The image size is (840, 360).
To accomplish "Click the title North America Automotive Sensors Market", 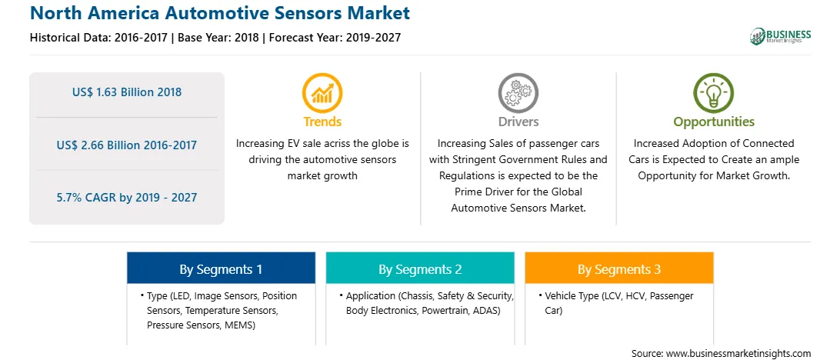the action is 220,13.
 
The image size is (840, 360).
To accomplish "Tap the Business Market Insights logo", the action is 780,36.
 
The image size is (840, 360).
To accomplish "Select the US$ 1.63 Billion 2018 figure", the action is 127,92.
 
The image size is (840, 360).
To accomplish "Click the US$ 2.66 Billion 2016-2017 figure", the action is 127,145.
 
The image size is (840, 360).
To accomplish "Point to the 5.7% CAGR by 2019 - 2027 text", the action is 127,198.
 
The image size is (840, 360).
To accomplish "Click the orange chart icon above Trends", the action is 322,93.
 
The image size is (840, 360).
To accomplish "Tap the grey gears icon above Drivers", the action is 518,93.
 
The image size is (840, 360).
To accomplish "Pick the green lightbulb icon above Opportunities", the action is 714,93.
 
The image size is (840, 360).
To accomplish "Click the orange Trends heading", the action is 322,122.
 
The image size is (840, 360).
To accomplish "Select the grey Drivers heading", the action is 518,122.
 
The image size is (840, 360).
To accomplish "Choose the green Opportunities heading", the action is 714,122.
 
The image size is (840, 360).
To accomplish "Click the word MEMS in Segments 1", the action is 240,325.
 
